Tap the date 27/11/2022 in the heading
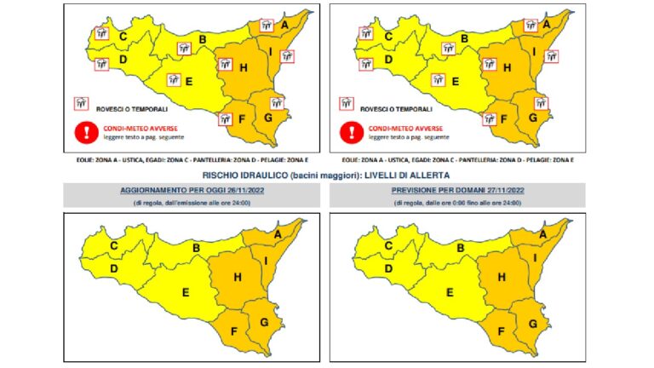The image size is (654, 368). click(x=494, y=190)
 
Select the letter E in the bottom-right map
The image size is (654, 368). click(x=447, y=292)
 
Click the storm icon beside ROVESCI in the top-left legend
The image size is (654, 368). click(x=83, y=103)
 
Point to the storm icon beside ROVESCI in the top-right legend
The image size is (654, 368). click(x=347, y=103)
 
